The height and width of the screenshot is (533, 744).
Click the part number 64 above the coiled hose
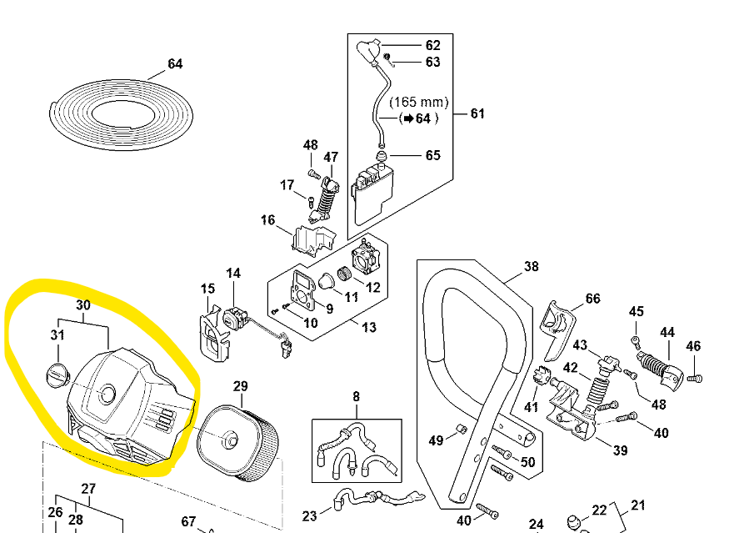(175, 64)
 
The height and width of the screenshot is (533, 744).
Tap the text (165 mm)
(419, 103)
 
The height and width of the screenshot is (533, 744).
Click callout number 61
(477, 113)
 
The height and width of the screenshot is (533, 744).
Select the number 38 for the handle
(532, 267)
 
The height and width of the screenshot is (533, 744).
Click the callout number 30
(83, 305)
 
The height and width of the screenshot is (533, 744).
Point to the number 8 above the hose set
(357, 397)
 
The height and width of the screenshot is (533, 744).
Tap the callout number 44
(667, 332)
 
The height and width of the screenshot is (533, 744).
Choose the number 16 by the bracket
(267, 220)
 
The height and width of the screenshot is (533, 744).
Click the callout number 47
(331, 157)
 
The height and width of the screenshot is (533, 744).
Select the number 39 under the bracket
(621, 451)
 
